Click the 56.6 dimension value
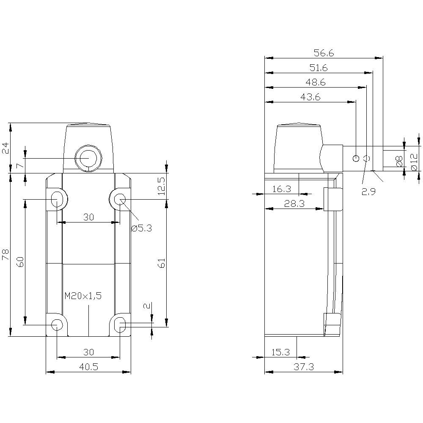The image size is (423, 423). click(324, 53)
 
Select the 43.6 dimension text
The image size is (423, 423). click(310, 97)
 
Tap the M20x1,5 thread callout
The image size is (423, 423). click(83, 296)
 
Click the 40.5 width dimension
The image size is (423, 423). click(88, 367)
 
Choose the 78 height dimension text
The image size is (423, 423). click(5, 254)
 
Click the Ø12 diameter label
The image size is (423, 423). click(414, 162)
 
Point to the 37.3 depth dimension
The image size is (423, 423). click(303, 367)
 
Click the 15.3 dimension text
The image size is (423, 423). click(280, 352)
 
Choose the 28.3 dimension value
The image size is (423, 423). click(294, 203)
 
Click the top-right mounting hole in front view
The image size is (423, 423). click(120, 198)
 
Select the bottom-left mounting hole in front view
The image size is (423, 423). click(56, 324)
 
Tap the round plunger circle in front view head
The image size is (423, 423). click(88, 158)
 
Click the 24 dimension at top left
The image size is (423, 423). click(5, 148)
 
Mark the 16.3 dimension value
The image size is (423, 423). click(281, 189)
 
